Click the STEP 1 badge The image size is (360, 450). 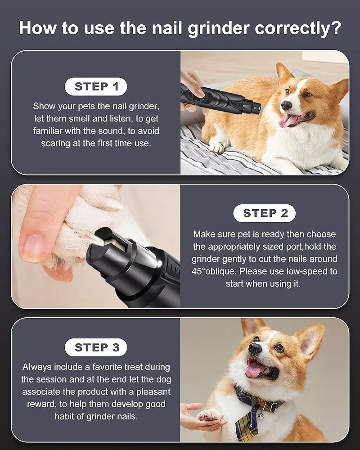[96, 87]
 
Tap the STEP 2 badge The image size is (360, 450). [265, 213]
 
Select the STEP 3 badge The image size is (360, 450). [96, 347]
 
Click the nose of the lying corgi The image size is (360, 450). [286, 105]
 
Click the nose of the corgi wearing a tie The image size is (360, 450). [255, 348]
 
